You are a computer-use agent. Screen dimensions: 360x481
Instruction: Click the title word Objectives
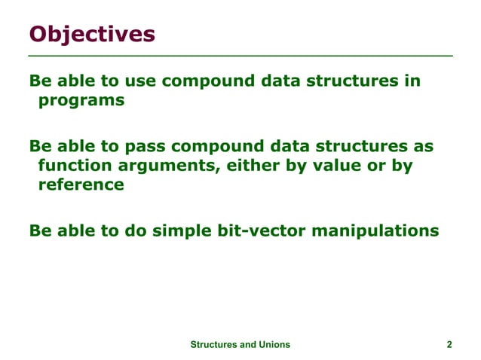92,35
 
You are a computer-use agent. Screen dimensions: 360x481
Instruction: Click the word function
75,165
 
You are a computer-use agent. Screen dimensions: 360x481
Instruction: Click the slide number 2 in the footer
449,344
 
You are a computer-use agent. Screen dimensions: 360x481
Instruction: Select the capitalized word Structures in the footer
213,344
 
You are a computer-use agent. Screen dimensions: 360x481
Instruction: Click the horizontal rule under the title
240,56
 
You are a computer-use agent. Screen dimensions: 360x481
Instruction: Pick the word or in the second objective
375,165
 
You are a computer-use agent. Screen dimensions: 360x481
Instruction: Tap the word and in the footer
247,344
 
